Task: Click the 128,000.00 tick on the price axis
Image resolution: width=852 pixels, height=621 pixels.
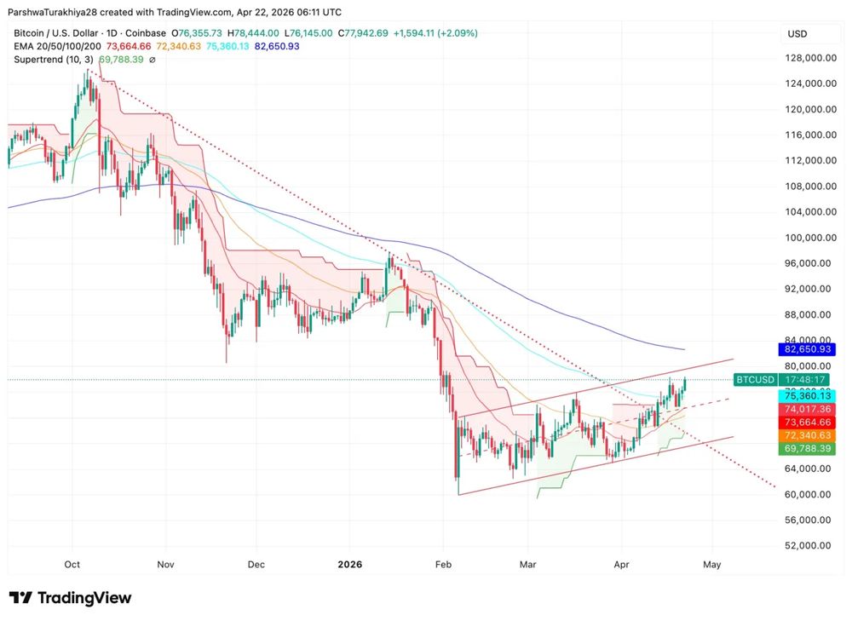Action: coord(808,58)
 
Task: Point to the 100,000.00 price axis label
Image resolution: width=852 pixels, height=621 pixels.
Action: coord(808,238)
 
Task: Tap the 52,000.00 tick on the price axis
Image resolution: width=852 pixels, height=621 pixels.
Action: coord(808,545)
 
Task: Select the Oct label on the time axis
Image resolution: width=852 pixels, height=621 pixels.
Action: coord(72,564)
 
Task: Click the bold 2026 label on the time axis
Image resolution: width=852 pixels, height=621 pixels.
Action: coord(350,564)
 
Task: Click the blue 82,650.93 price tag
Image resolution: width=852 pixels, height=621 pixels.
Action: coord(808,349)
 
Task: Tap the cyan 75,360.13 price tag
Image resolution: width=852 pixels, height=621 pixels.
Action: coord(808,396)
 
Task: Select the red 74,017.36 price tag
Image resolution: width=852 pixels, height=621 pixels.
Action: coord(808,409)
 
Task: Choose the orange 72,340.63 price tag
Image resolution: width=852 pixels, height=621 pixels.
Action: coord(808,435)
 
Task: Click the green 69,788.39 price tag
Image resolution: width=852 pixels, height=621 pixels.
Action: coord(808,448)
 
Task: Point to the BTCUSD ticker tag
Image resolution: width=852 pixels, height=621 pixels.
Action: coord(755,379)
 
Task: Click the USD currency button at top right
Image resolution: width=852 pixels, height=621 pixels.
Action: coord(797,34)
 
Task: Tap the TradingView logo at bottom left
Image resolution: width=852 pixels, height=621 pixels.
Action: coord(71,598)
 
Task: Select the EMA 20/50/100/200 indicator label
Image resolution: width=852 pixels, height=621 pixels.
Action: coord(56,46)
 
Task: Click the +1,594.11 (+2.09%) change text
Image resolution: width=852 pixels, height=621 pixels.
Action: coord(435,33)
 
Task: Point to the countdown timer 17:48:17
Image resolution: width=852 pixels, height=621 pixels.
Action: coord(807,379)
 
